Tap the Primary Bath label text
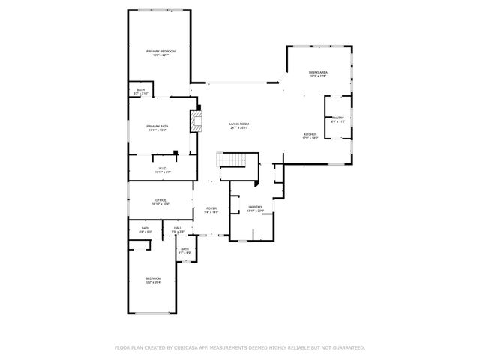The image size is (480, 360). coord(157,126)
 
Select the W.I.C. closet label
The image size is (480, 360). coord(160,168)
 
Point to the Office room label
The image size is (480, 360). coord(160,199)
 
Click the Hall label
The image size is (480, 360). coord(178,228)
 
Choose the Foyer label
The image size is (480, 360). coord(211,208)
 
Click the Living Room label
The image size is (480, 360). coord(238,124)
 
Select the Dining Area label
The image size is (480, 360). coord(318,72)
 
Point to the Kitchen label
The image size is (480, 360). coord(310,134)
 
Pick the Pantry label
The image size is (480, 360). coord(338,117)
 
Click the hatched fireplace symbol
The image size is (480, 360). coord(196,121)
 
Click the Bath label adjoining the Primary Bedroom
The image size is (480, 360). coord(141,90)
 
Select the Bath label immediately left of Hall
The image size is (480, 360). coord(145,228)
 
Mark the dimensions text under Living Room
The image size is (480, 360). coord(238,128)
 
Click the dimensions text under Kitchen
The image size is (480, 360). coord(310,139)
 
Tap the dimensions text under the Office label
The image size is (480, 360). coord(160,204)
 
